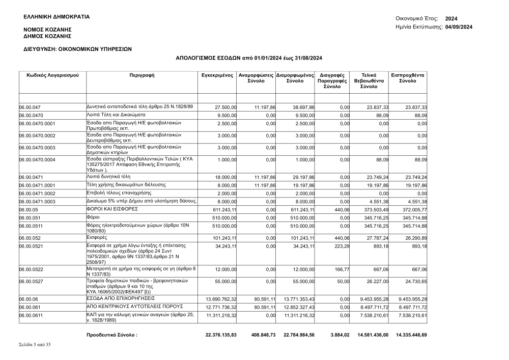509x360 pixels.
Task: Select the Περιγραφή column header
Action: coord(143,75)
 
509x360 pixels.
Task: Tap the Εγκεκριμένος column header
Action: coord(217,75)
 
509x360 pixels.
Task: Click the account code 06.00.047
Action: coord(30,107)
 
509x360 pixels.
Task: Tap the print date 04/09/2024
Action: coord(459,27)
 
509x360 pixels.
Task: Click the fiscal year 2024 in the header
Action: coord(451,18)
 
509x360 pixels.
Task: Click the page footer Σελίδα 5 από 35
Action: coord(35,345)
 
